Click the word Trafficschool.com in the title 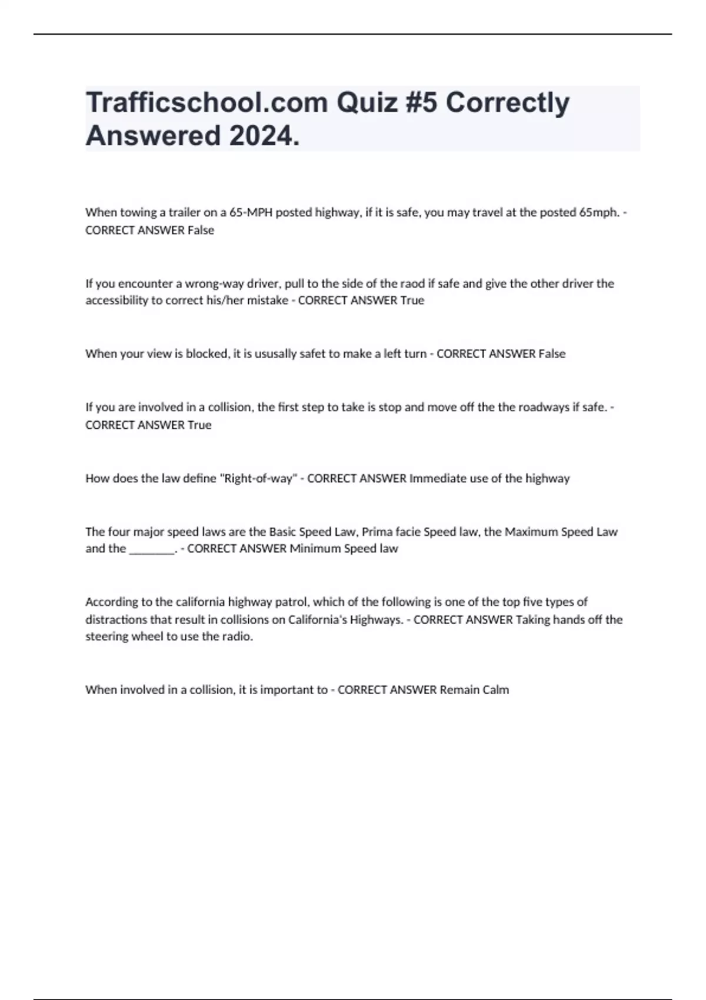point(207,103)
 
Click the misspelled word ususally point(275,354)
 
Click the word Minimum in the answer point(315,549)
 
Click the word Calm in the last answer point(495,690)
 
